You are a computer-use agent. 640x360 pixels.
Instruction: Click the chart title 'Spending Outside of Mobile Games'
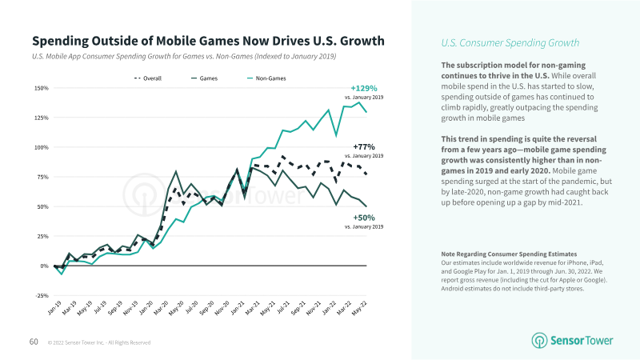click(207, 41)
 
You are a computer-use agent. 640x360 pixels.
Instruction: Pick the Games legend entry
click(204, 78)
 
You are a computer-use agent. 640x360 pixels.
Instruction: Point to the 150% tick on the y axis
click(41, 88)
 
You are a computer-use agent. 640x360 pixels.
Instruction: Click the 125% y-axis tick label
click(41, 118)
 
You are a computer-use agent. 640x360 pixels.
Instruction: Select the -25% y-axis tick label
click(41, 295)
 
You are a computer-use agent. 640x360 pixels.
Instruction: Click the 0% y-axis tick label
click(44, 266)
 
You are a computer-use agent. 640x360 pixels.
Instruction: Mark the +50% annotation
click(362, 217)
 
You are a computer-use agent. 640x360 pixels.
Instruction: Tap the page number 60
click(34, 342)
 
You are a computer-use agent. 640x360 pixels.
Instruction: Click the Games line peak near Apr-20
click(176, 171)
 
